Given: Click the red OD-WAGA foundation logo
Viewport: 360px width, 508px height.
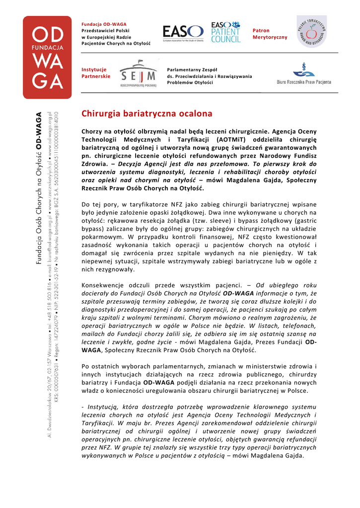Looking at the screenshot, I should click(x=48, y=58).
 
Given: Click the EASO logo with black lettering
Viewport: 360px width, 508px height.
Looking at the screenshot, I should click(x=183, y=33).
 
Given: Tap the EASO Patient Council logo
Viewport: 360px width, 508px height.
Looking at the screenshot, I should click(x=225, y=32).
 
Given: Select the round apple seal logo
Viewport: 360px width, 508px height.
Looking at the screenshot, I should click(x=311, y=31).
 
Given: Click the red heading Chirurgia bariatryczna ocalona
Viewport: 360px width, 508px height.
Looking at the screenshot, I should click(x=146, y=114).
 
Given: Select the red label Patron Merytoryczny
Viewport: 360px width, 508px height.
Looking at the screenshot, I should click(x=270, y=34).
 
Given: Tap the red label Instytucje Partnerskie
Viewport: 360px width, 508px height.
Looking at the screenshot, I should click(x=95, y=73).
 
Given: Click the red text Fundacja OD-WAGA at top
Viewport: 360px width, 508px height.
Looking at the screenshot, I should click(x=104, y=24).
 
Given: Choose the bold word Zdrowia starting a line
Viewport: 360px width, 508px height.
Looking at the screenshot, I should click(x=94, y=163).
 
